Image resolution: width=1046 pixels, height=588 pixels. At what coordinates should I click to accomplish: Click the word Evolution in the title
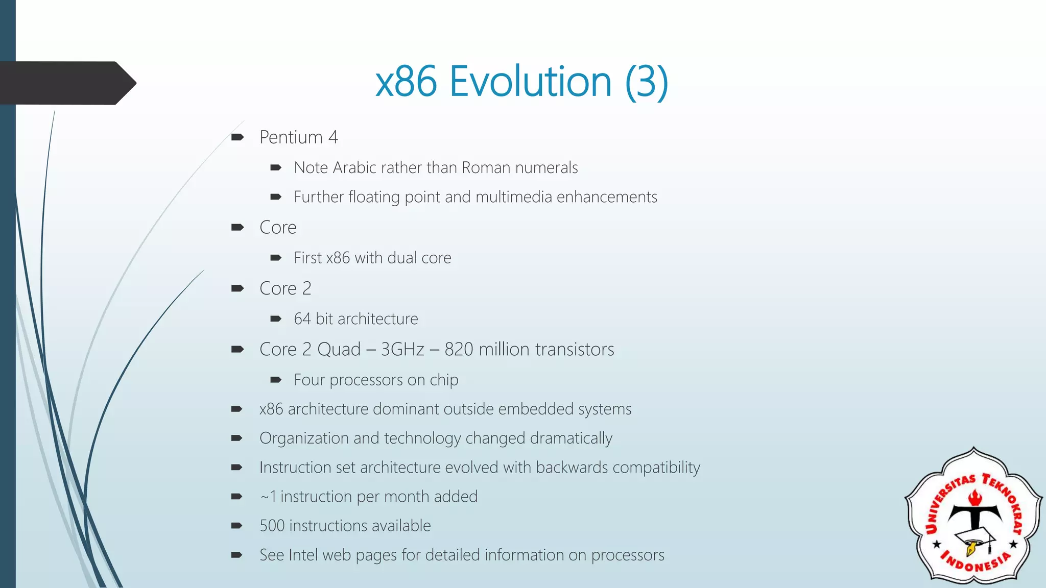530,82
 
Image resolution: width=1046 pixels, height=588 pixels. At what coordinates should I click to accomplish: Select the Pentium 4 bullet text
298,137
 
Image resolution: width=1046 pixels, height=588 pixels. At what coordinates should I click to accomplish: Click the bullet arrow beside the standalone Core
237,228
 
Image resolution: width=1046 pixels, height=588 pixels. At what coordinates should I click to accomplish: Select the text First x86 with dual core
372,258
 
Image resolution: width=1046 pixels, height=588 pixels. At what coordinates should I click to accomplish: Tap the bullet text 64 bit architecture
355,319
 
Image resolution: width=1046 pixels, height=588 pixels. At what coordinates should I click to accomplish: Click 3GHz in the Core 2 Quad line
402,350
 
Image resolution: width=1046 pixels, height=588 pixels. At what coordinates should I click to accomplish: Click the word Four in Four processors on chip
309,380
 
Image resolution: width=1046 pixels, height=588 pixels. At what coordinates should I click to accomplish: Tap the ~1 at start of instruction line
268,497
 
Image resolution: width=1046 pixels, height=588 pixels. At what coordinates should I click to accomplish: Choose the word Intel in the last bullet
302,555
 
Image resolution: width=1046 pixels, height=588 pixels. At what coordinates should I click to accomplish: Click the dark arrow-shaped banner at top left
66,83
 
